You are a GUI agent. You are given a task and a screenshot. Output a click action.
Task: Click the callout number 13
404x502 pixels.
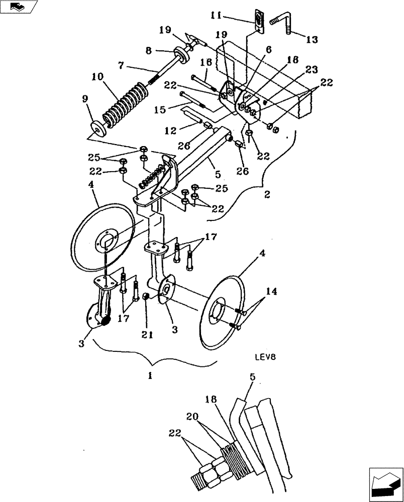[312, 40]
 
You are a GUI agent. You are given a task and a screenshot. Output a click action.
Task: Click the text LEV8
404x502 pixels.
[265, 357]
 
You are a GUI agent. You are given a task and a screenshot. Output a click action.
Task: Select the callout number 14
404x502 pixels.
[271, 291]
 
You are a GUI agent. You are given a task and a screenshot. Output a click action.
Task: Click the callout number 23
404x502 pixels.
[312, 70]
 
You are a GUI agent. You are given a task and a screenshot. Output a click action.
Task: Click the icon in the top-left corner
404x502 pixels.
[19, 7]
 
